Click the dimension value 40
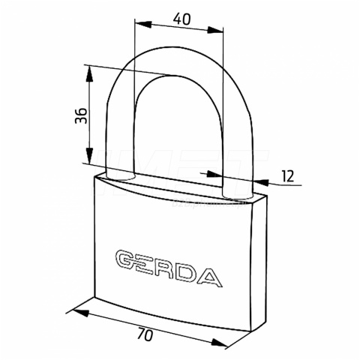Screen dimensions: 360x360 coord(181,19)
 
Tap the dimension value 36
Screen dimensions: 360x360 coord(81,115)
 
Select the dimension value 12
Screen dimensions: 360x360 coord(288,176)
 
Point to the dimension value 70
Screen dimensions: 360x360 coord(145,334)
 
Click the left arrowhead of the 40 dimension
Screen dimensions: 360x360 coord(143,24)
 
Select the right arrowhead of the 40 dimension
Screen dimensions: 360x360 coord(215,30)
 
